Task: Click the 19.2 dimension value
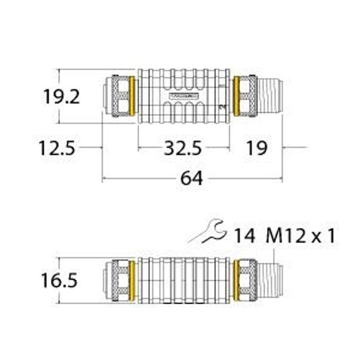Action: [61, 97]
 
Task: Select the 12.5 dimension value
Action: [57, 148]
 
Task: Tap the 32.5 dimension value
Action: [183, 148]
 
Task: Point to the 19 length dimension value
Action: [257, 148]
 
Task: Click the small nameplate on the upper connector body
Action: [184, 95]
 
